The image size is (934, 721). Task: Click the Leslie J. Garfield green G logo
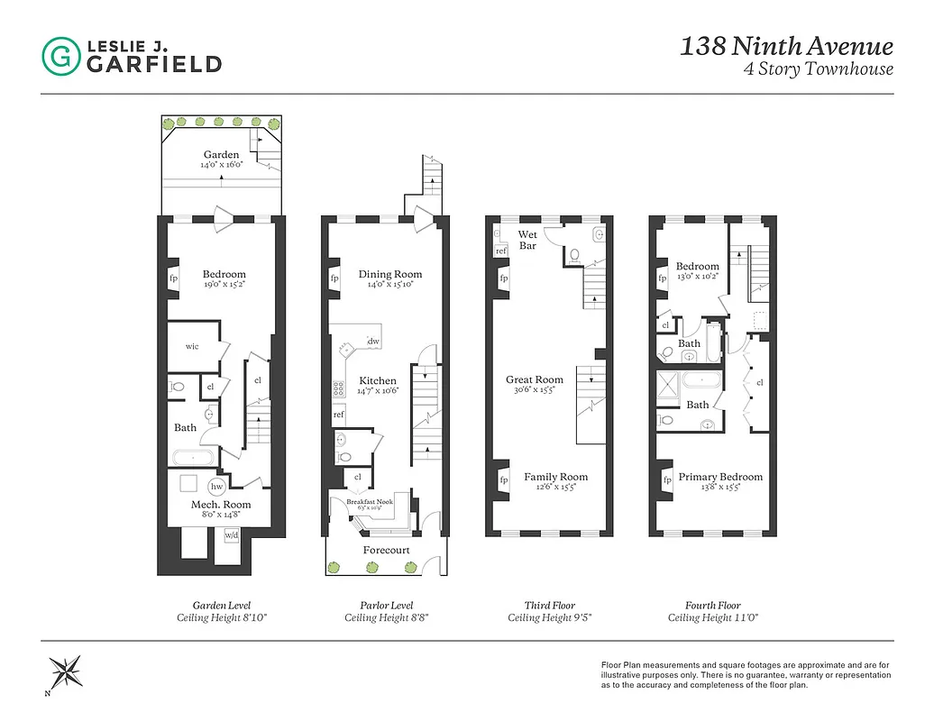[x=60, y=56]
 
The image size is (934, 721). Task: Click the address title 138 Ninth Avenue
[x=786, y=46]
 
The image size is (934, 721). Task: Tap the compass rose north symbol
[x=67, y=671]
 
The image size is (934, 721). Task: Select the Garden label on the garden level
[x=221, y=155]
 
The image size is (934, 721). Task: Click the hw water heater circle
[x=216, y=485]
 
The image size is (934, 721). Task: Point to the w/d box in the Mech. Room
[x=232, y=535]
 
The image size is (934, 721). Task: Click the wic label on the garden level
[x=192, y=346]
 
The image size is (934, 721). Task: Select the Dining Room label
[x=389, y=274]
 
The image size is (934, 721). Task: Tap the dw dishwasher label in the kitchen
[x=373, y=342]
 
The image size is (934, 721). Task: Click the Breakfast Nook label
[x=371, y=502]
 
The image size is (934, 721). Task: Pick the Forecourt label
[x=386, y=549]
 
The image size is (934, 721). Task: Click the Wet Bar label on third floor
[x=527, y=240]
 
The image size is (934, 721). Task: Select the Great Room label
[x=534, y=380]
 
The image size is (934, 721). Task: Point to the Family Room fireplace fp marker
[x=503, y=480]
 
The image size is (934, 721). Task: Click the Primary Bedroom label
[x=719, y=477]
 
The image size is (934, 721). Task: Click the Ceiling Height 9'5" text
[x=549, y=618]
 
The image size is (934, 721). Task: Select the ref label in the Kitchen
[x=339, y=415]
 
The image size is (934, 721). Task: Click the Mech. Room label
[x=220, y=505]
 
